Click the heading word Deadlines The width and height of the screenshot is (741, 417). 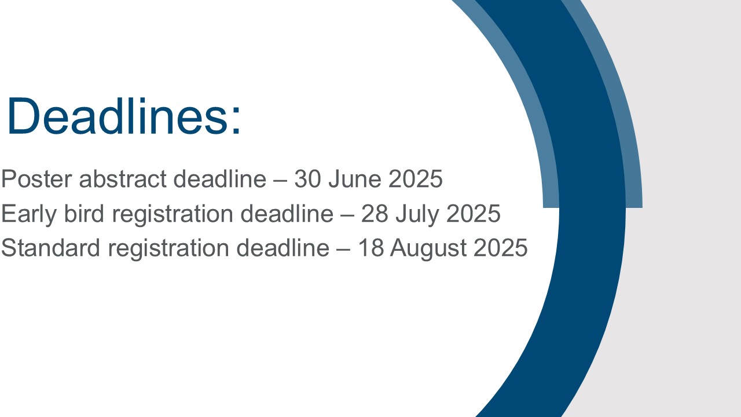[118, 116]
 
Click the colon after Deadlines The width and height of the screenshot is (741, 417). [236, 121]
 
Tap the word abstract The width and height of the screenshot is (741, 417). [123, 179]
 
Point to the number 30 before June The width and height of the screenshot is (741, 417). [307, 179]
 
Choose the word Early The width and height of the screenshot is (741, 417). [29, 214]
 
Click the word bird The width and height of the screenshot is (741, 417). [84, 214]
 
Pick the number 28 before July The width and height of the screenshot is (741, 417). [375, 214]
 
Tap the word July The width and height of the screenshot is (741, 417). [417, 214]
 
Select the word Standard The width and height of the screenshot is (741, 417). [50, 247]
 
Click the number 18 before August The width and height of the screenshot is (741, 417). [371, 247]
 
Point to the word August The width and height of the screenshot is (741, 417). [428, 248]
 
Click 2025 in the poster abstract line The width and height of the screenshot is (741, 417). [416, 179]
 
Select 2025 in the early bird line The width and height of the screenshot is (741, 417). [473, 214]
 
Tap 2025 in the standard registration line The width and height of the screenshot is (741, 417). [501, 247]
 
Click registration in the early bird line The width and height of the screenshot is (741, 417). [173, 214]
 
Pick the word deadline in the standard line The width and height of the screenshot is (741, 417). [283, 247]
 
